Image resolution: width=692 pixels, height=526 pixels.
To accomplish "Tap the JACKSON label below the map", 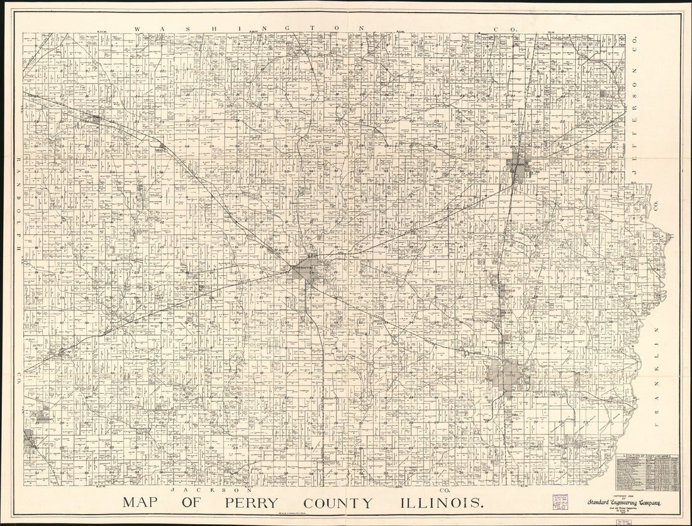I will point(213,489).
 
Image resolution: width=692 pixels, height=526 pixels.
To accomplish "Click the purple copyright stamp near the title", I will point(562,502).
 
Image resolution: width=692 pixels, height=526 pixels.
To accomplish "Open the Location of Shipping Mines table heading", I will point(650,455).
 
